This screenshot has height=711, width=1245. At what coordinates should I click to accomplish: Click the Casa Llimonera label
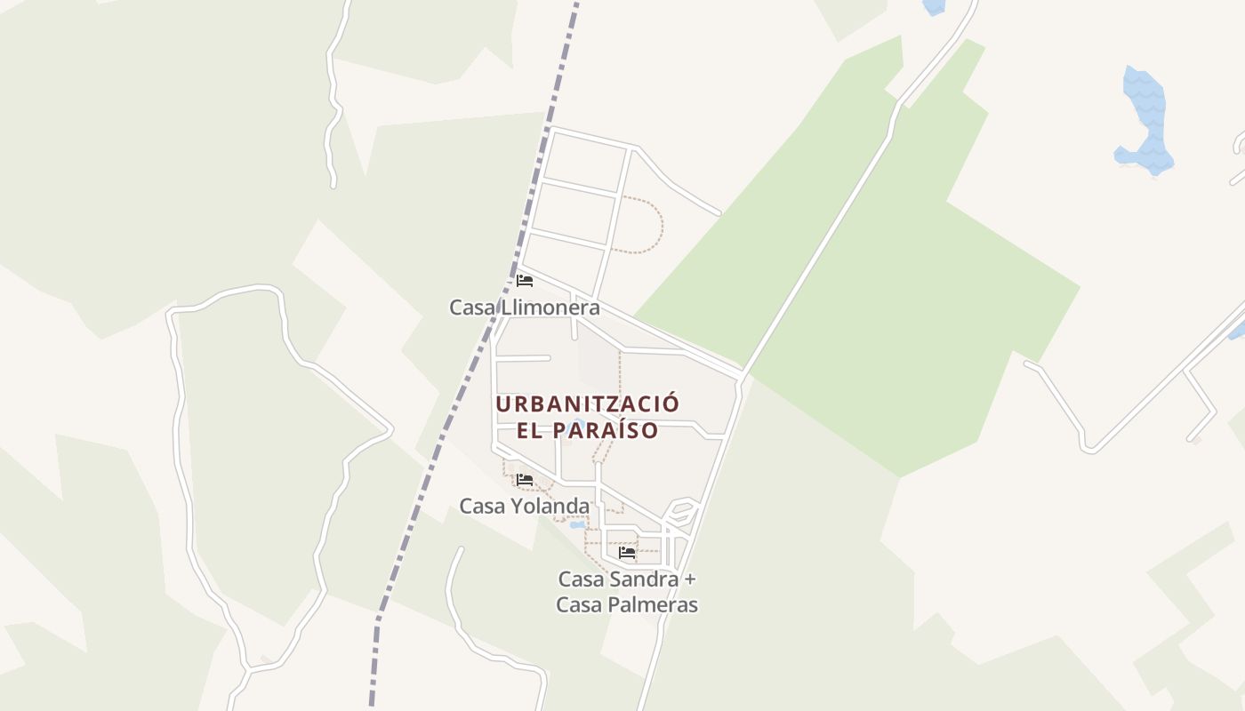pyautogui.click(x=524, y=308)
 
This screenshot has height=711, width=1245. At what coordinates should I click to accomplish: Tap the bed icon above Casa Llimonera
pyautogui.click(x=525, y=281)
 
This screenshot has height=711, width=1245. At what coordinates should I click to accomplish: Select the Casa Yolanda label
pyautogui.click(x=524, y=506)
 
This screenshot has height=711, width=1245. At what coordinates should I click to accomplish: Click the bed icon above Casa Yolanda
pyautogui.click(x=525, y=480)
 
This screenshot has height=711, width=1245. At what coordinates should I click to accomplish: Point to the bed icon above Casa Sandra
pyautogui.click(x=627, y=553)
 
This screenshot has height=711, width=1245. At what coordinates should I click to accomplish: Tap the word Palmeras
pyautogui.click(x=654, y=605)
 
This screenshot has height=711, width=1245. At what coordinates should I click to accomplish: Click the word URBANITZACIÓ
pyautogui.click(x=587, y=403)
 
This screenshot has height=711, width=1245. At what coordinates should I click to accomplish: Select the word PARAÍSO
pyautogui.click(x=605, y=430)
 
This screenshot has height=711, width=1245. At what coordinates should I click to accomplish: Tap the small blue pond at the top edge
pyautogui.click(x=934, y=6)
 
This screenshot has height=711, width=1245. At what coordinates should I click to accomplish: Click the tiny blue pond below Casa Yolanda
pyautogui.click(x=577, y=525)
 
